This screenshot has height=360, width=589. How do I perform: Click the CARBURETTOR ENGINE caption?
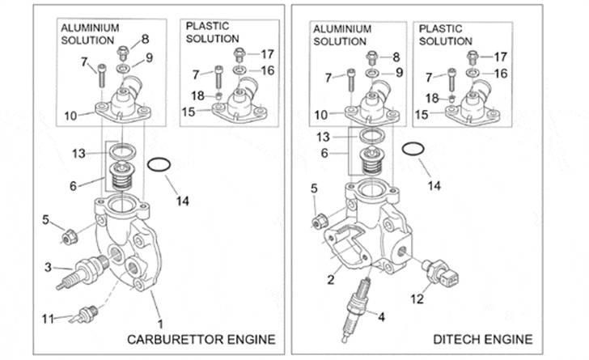201,338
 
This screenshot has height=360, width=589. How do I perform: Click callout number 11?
48,318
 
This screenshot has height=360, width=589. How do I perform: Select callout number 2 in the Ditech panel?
330,280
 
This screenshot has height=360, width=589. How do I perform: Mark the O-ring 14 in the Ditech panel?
413,151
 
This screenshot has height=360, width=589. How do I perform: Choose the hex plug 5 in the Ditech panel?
321,218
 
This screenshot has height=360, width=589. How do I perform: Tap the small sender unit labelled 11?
85,311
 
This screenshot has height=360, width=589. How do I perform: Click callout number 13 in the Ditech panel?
323,137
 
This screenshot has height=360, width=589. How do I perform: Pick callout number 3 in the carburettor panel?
48,267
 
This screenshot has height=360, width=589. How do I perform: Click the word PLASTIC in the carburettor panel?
208,26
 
